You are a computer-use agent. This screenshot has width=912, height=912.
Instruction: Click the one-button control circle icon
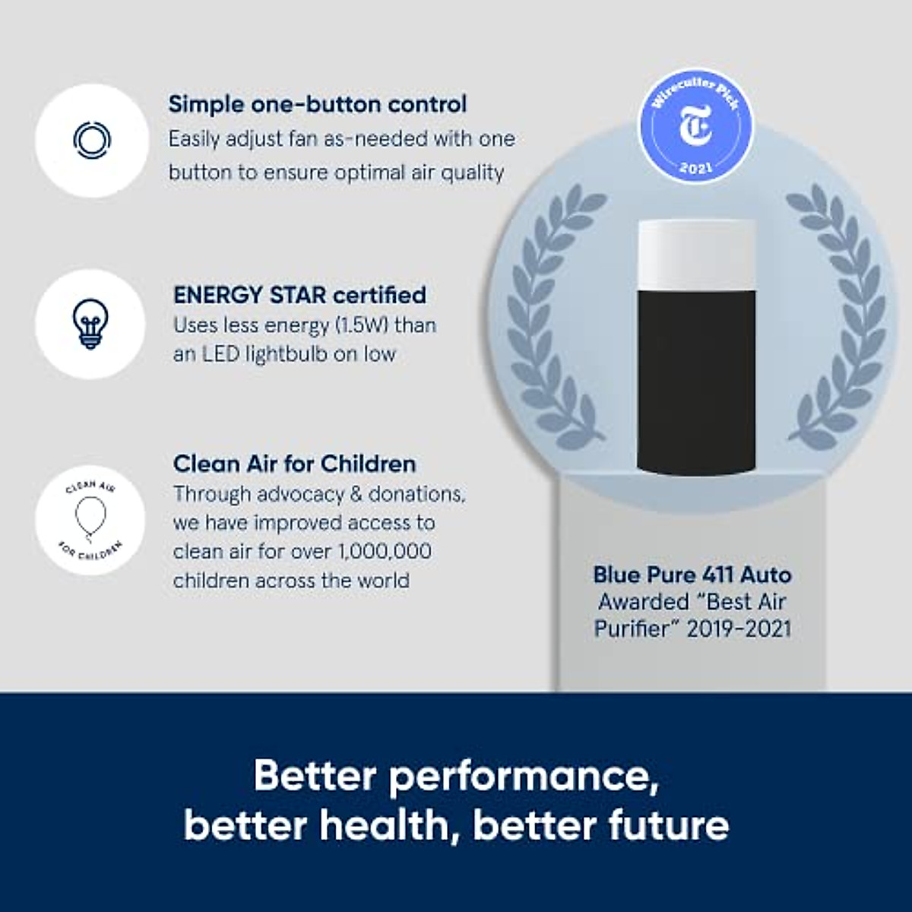coord(91,139)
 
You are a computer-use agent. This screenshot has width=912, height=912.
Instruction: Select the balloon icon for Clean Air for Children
coord(89,516)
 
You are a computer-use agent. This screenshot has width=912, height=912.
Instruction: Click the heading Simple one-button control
coord(318,104)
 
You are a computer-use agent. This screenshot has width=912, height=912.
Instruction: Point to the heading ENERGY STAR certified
coord(299,295)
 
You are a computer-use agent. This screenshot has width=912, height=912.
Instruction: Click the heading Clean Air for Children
coord(295,464)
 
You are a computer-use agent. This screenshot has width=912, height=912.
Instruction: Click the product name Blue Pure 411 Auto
coord(692,575)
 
